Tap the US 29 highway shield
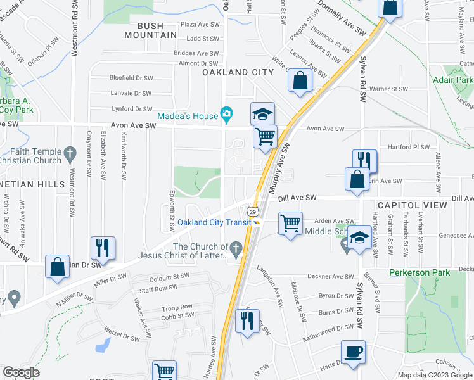click(252, 211)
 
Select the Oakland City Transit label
click(214, 222)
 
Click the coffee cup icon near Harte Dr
click(353, 351)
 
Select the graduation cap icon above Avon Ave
click(262, 114)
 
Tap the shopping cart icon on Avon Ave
click(266, 136)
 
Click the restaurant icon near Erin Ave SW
click(364, 161)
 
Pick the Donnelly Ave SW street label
click(342, 22)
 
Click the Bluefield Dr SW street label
click(131, 78)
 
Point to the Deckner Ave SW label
click(331, 277)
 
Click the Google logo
click(21, 372)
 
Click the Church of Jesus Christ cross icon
click(236, 248)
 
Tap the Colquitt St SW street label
click(169, 276)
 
